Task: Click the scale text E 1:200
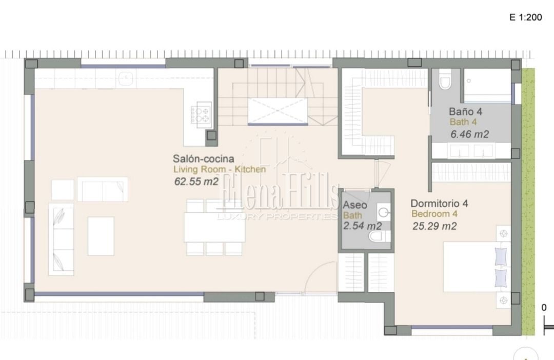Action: pyautogui.click(x=525, y=17)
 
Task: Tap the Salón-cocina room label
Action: pyautogui.click(x=203, y=158)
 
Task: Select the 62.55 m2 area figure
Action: pyautogui.click(x=196, y=181)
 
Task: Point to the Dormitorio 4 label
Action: pyautogui.click(x=439, y=203)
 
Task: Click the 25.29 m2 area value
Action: pyautogui.click(x=434, y=226)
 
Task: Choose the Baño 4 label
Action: pyautogui.click(x=465, y=112)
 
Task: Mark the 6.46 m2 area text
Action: pyautogui.click(x=469, y=134)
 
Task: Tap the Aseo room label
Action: pyautogui.click(x=355, y=205)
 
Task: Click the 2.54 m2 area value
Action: pyautogui.click(x=363, y=226)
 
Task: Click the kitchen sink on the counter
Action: pyautogui.click(x=126, y=78)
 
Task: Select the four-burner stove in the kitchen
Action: pyautogui.click(x=201, y=114)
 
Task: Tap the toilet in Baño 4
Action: pyautogui.click(x=444, y=80)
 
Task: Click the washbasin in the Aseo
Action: pyautogui.click(x=384, y=212)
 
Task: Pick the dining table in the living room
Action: pyautogui.click(x=214, y=227)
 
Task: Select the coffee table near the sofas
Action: pyautogui.click(x=101, y=236)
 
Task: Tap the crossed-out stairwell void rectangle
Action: pyautogui.click(x=278, y=111)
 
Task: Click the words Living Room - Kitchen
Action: pyautogui.click(x=220, y=170)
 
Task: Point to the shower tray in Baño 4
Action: pyautogui.click(x=487, y=86)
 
